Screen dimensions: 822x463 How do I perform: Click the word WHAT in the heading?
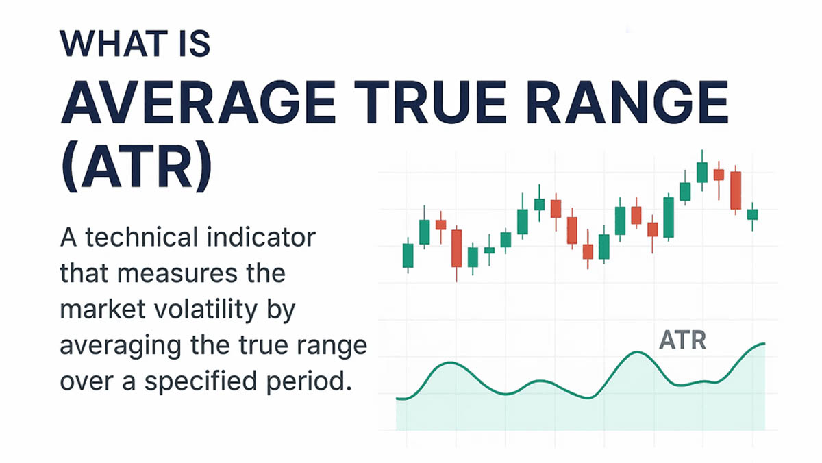point(114,44)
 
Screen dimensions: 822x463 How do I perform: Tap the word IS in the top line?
point(195,44)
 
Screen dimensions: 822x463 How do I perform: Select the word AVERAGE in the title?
point(198,102)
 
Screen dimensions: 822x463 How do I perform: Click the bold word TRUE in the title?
point(430,102)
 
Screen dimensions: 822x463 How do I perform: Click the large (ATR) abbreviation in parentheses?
point(136,166)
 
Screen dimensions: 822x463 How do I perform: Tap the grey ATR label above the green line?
point(682,340)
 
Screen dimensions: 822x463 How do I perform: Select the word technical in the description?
point(142,238)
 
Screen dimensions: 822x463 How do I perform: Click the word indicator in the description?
point(261,238)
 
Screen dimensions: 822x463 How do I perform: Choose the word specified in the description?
point(201,382)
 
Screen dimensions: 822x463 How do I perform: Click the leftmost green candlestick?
point(408,255)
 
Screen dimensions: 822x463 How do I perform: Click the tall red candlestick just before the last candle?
point(736,190)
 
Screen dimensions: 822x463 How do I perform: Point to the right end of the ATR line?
point(764,344)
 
